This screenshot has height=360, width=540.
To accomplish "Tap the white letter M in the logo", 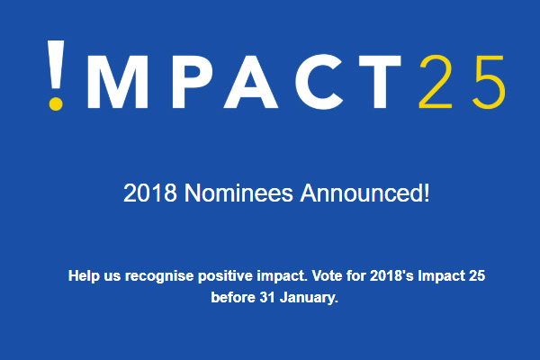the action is click(118, 82).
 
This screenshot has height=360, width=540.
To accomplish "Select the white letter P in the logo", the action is click(192, 82).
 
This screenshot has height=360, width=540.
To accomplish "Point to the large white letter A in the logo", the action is click(251, 82).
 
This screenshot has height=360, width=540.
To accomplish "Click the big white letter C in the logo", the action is click(319, 82).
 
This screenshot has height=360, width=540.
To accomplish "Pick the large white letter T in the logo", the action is click(380, 82).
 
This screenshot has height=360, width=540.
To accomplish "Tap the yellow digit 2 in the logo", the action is click(436, 82).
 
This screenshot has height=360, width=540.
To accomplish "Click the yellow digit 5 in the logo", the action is click(489, 82).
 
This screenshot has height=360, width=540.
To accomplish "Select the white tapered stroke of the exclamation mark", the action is click(56, 66).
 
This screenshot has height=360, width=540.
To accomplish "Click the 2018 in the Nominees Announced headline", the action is click(150, 193).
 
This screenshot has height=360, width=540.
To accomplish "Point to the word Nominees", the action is click(238, 193).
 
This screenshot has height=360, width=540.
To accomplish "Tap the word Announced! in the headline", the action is click(365, 193).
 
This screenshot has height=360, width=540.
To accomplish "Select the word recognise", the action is click(159, 276).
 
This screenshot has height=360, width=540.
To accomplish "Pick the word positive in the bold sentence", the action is click(225, 276).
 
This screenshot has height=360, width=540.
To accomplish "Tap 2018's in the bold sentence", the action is click(391, 276).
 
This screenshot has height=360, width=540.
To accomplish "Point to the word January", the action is click(309, 298).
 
